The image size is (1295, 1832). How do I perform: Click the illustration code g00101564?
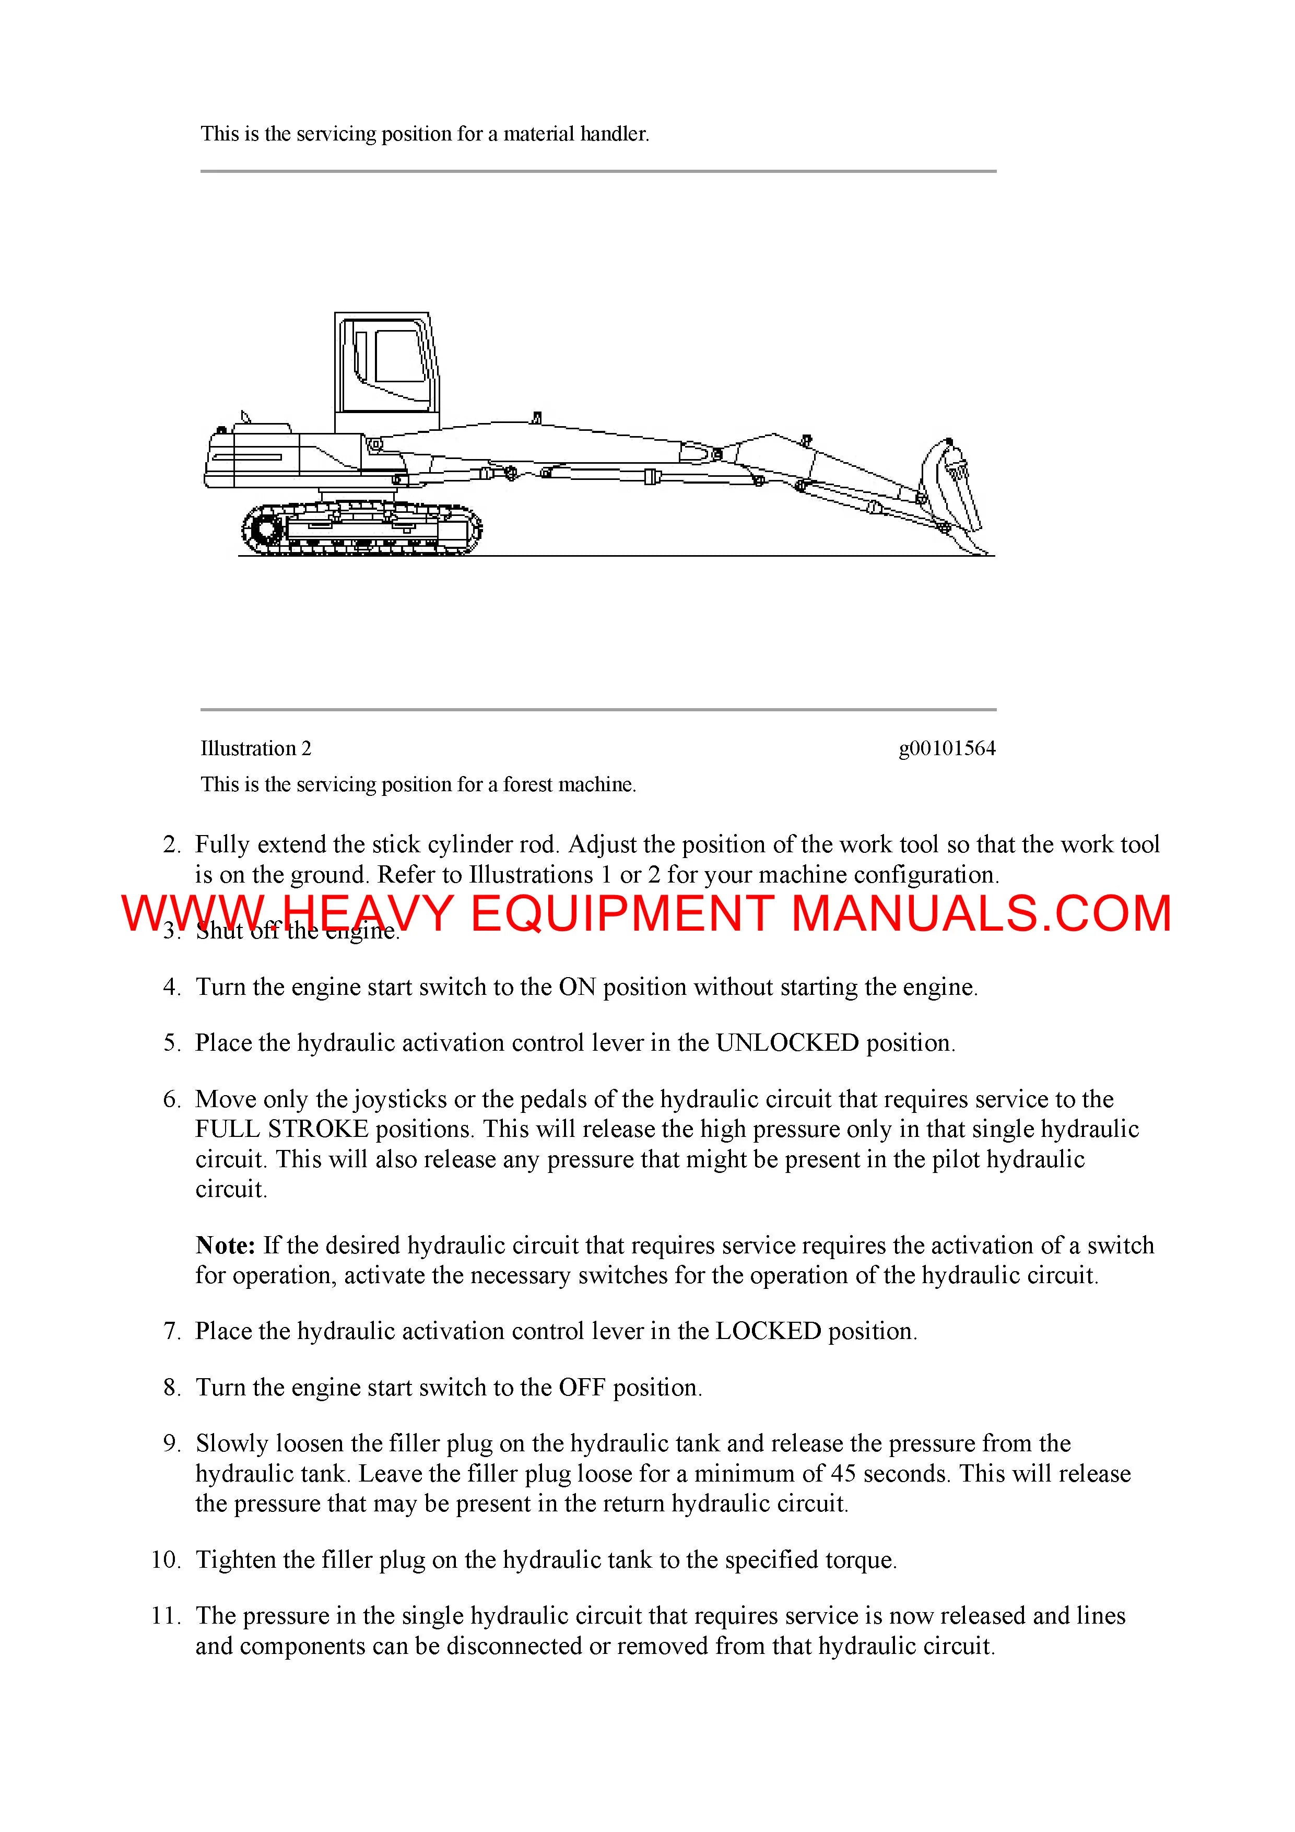947,748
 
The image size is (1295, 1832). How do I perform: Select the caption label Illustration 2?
255,748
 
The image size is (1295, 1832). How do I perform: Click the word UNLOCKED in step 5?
787,1043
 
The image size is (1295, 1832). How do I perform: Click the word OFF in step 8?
582,1388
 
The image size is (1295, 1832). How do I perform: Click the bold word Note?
225,1246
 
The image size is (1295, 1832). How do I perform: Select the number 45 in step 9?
843,1474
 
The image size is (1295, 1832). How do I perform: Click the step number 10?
166,1560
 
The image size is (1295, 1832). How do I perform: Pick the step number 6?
172,1099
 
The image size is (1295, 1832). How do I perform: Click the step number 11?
166,1616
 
